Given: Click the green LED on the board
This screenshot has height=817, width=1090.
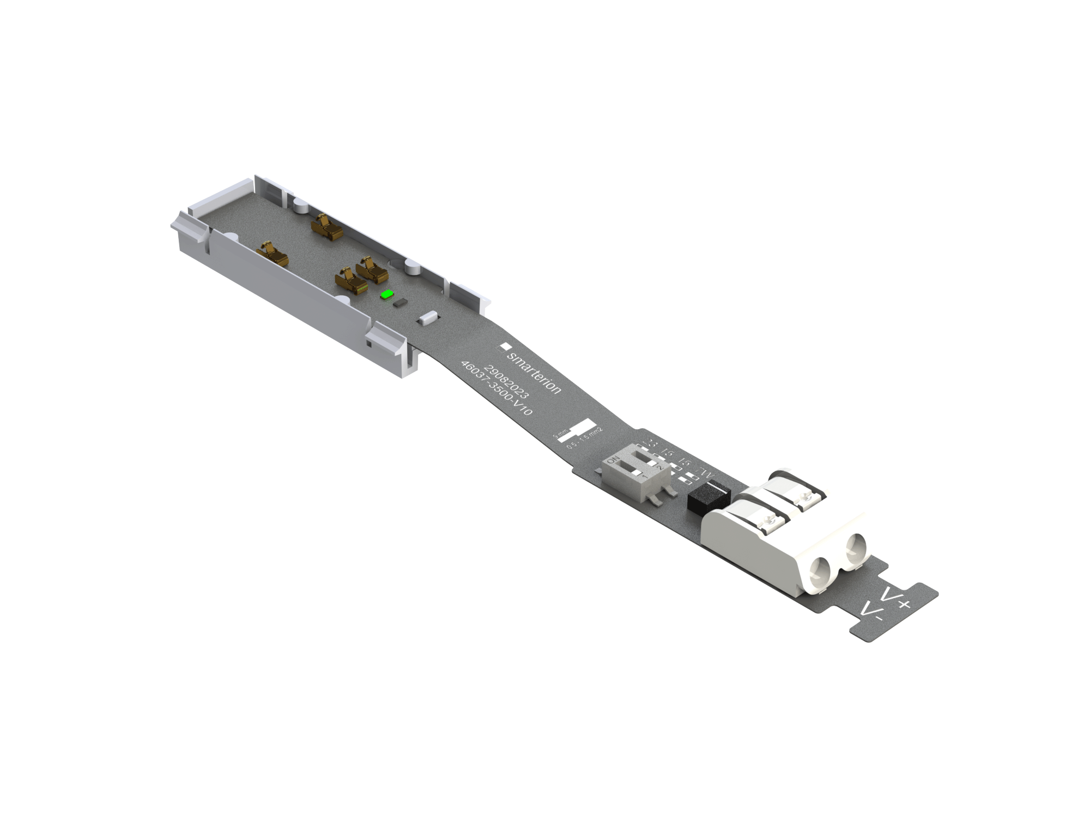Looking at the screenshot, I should (387, 295).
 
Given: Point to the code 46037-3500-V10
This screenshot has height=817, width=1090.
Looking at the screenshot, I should (496, 388).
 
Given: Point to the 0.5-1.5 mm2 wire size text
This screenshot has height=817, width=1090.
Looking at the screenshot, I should (585, 438).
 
